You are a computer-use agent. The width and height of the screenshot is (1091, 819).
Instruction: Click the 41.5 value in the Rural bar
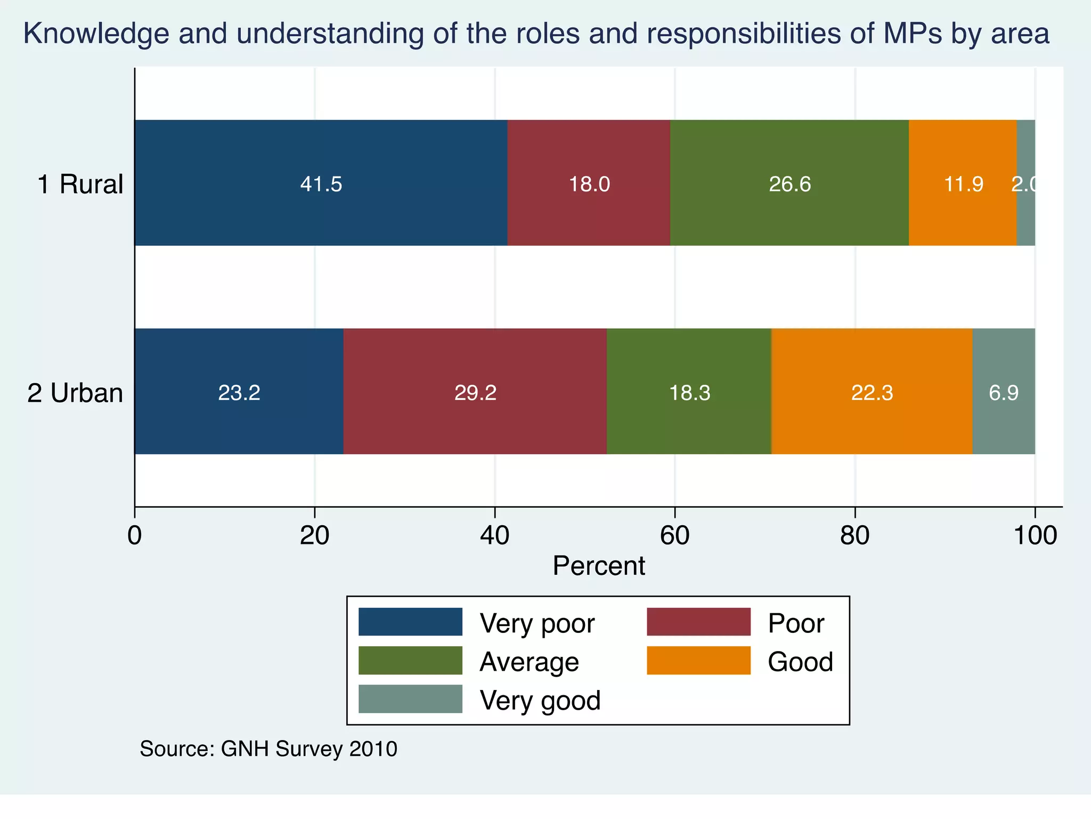point(321,184)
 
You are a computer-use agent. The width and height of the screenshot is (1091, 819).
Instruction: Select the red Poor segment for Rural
point(589,160)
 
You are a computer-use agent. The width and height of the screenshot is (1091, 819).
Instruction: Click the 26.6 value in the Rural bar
point(789,184)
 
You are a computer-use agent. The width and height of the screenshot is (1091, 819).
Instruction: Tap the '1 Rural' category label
point(80,184)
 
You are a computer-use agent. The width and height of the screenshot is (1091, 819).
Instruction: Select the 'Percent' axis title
point(599,566)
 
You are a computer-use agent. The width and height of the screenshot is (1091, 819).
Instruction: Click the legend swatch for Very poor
point(410,622)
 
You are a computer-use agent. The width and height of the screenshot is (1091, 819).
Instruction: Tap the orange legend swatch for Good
point(698,661)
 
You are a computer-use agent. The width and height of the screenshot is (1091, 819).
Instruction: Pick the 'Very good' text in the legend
point(540,700)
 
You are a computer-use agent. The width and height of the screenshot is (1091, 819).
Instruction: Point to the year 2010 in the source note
point(373,749)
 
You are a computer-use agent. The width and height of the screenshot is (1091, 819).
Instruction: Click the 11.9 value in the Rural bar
point(963,184)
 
